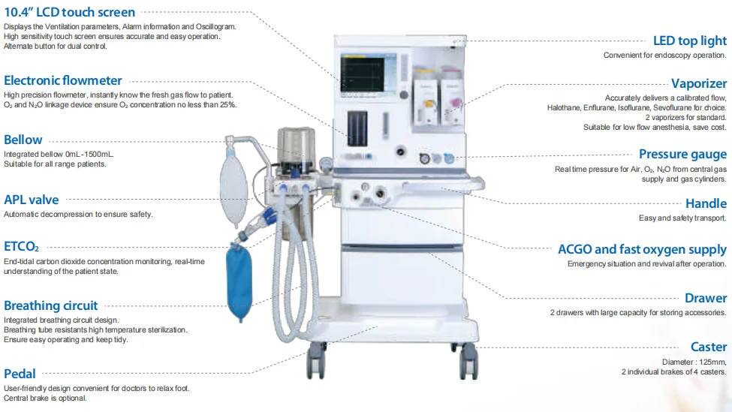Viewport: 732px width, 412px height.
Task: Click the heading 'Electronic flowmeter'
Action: point(63,81)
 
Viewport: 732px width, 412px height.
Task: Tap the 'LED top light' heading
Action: point(689,41)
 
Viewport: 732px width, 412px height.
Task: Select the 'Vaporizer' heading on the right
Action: point(698,83)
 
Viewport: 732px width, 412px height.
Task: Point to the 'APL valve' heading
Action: point(32,200)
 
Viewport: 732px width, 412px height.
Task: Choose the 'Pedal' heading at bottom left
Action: point(20,374)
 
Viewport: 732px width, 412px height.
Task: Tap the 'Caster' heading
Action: point(709,347)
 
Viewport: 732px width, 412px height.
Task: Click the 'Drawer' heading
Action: point(706,298)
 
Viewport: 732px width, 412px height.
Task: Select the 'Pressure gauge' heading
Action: point(682,154)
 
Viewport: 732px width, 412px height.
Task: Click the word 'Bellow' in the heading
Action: point(23,140)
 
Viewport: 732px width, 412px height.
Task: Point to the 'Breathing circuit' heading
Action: point(51,305)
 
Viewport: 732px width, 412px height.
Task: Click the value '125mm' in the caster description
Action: point(711,362)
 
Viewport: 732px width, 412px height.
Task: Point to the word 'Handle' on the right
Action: point(706,203)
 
